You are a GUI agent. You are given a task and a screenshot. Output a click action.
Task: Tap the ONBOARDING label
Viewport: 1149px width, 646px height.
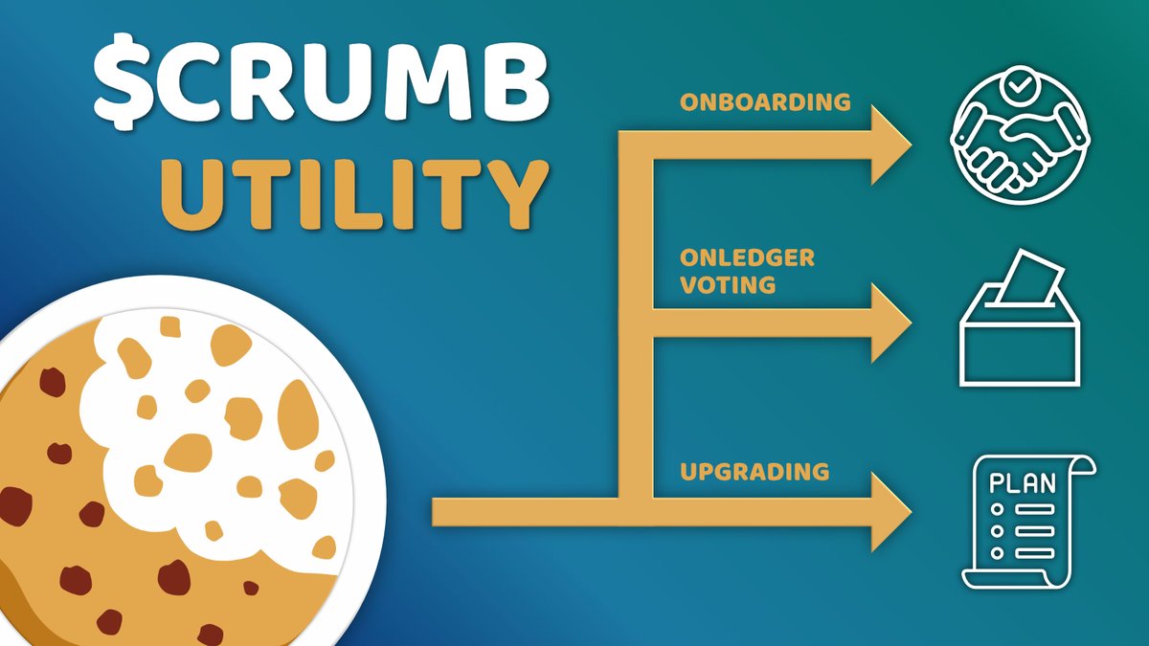pos(765,102)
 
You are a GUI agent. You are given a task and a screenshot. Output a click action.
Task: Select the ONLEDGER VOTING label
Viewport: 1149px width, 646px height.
pos(747,271)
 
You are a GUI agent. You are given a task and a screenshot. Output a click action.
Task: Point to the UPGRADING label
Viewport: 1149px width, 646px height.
pos(754,472)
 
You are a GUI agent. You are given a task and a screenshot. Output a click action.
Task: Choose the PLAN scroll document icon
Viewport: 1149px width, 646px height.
pos(1027,521)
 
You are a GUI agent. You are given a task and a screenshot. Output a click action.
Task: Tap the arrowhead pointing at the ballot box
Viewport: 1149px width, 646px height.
pos(889,323)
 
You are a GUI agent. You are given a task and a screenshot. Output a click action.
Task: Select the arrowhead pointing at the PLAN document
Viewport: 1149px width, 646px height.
pos(889,512)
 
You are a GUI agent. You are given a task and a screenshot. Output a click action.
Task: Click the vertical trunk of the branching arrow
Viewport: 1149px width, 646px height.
pos(636,316)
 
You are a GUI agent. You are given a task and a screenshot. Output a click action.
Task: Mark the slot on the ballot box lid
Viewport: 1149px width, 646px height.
pos(1020,304)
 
